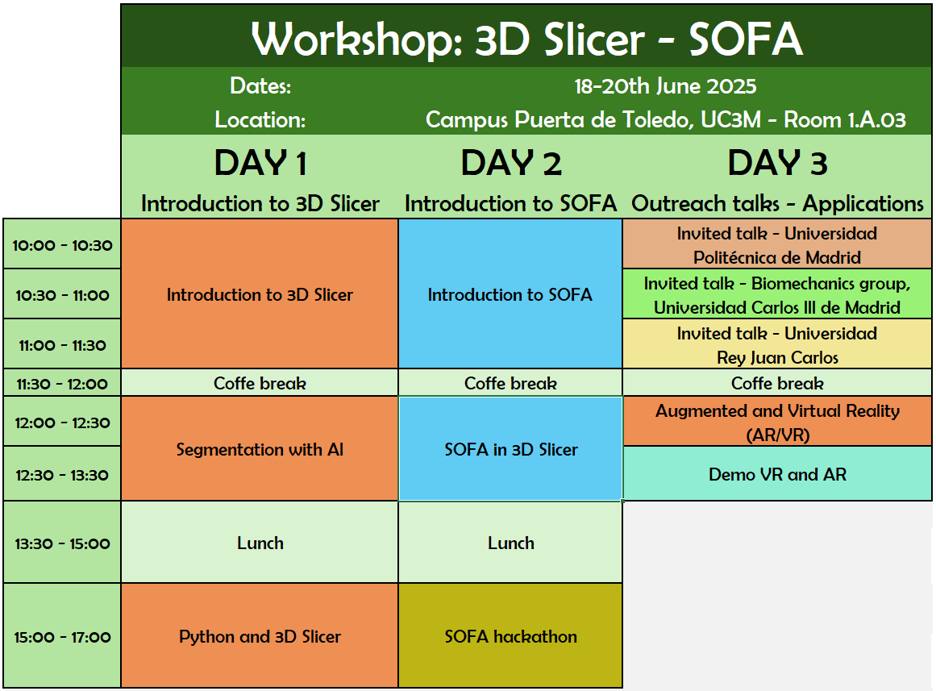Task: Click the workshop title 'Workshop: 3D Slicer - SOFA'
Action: coord(526,39)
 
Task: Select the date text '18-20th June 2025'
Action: coord(665,86)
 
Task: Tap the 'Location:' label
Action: coord(260,119)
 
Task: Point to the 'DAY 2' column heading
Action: coord(511,163)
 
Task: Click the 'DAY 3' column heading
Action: coord(777,163)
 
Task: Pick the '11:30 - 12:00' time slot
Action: coord(62,383)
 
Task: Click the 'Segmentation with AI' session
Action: coord(260,448)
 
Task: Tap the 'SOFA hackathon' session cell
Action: coord(510,635)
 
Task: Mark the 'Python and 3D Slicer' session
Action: coord(260,635)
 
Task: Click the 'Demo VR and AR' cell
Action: coord(777,473)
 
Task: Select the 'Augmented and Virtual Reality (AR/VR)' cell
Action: coord(777,421)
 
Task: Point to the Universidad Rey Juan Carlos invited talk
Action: coord(777,344)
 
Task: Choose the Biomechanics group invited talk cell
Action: coord(777,293)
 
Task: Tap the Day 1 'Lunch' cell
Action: coord(260,543)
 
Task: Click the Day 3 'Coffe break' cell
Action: coord(777,383)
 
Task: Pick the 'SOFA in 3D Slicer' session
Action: coord(510,448)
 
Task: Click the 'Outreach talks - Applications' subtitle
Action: coord(777,204)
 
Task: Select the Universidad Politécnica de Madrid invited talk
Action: coord(777,244)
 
